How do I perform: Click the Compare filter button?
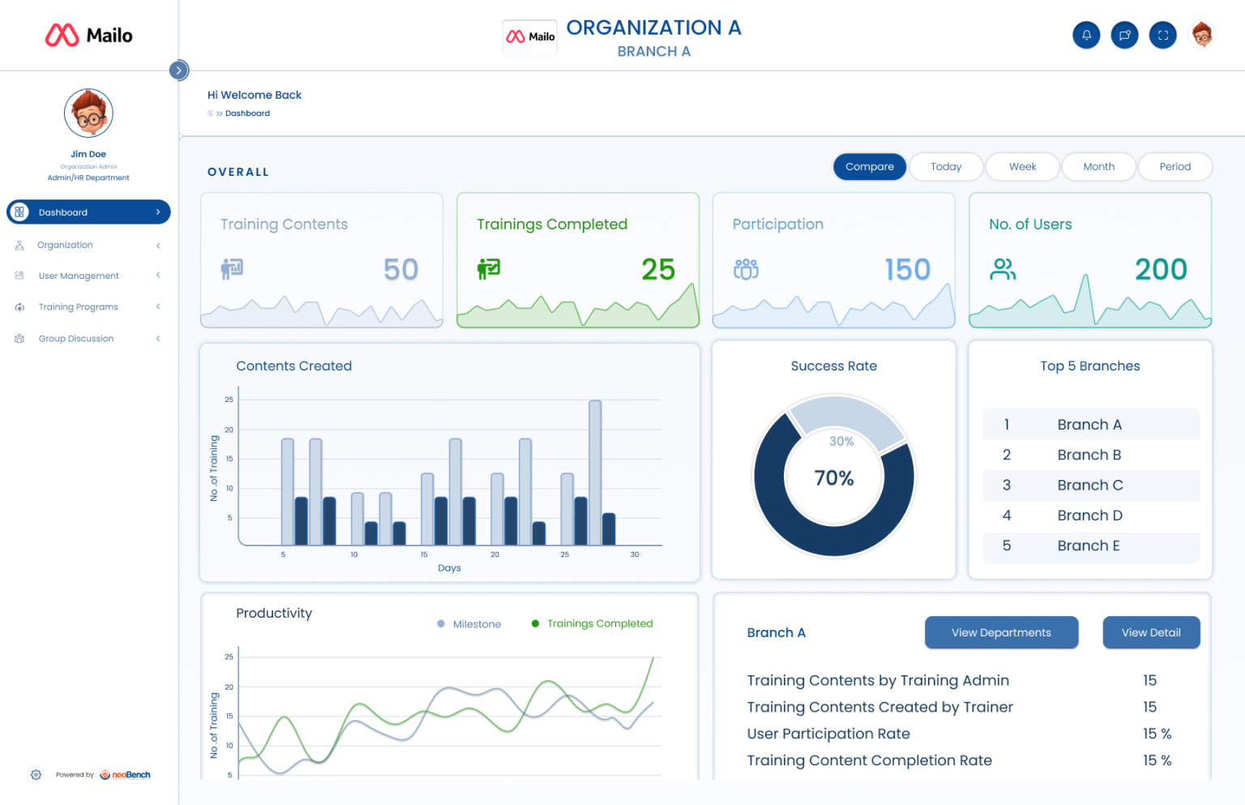869,166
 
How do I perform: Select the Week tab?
1022,166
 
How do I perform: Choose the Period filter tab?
1174,166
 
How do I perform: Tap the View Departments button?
1001,632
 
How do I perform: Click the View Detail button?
1150,632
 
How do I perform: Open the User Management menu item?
79,276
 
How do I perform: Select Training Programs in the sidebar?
78,307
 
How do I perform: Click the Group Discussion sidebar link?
75,339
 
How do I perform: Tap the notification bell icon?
1086,35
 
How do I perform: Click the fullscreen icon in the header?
1162,35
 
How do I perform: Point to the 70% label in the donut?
833,478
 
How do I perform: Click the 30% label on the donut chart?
841,441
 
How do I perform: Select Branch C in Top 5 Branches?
1089,485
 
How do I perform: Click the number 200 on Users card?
1160,269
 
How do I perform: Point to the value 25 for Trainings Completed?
657,269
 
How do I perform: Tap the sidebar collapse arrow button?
179,71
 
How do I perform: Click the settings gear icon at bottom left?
36,774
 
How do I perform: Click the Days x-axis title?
449,568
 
